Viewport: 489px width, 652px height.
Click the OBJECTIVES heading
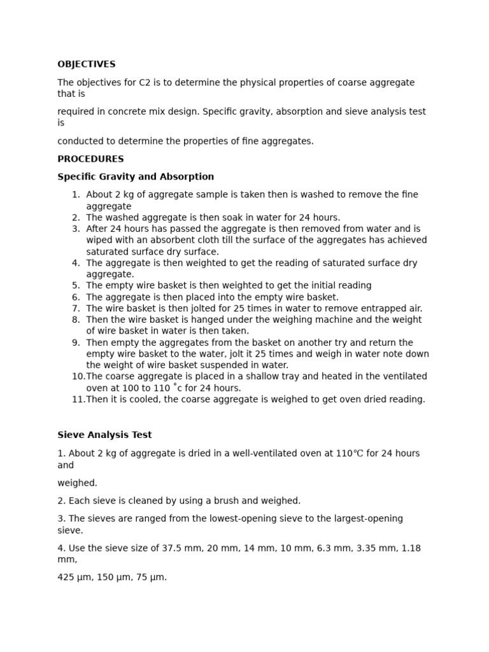click(x=87, y=64)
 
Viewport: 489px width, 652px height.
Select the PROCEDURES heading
click(x=90, y=159)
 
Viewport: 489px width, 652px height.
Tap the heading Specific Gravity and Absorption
click(x=136, y=177)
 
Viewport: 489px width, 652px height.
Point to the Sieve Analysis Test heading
click(x=104, y=436)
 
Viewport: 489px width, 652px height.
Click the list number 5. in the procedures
click(x=76, y=286)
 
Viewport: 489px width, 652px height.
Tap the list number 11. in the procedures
click(x=78, y=400)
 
